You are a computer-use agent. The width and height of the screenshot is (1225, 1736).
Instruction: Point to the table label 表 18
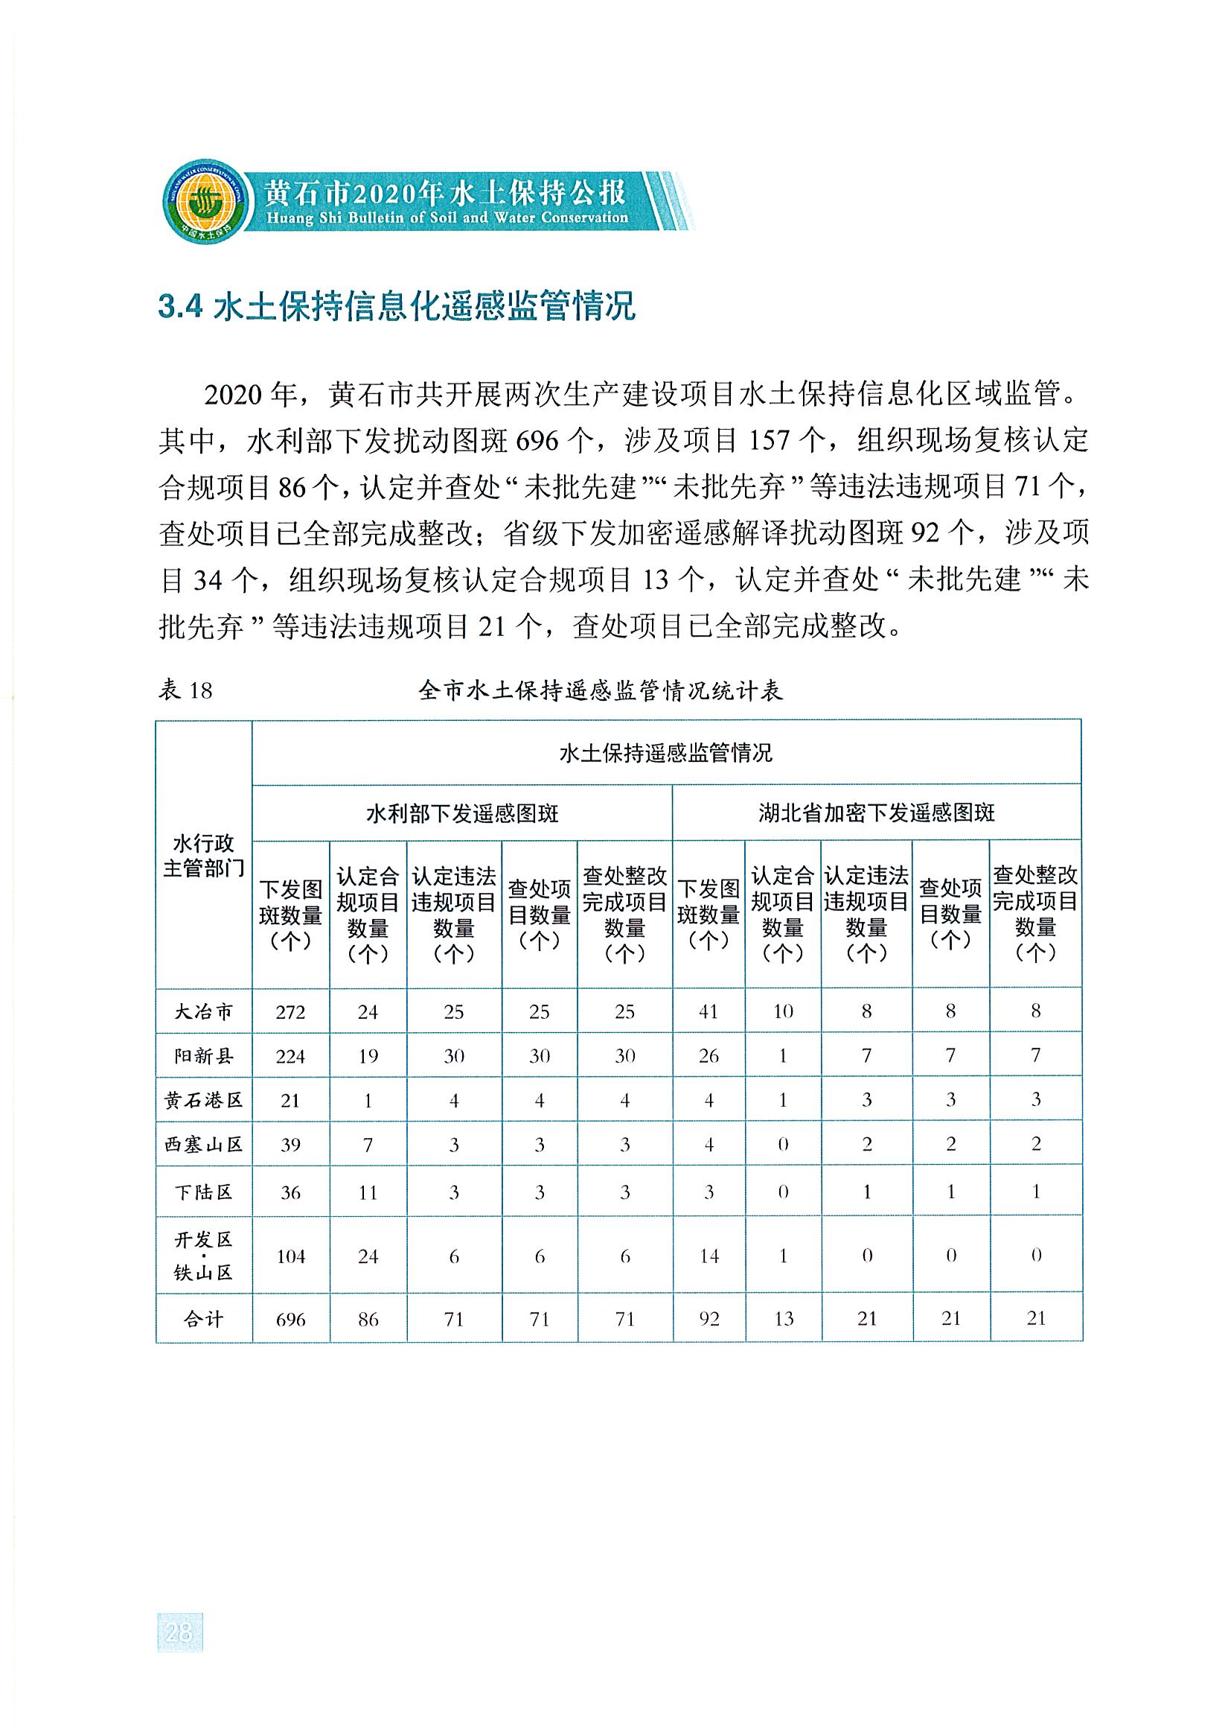185,690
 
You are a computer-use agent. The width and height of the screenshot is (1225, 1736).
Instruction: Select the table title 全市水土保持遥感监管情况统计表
600,690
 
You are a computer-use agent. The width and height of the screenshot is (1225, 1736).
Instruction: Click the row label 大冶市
204,1011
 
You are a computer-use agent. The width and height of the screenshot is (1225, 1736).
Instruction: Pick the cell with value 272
290,1011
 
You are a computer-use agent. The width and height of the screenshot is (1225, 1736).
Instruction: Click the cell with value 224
290,1056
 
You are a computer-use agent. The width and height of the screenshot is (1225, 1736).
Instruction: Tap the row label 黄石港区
204,1100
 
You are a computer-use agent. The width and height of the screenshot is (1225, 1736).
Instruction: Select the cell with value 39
290,1145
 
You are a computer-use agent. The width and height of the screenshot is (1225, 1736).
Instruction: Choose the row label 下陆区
204,1192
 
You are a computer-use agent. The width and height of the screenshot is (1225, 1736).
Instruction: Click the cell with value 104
290,1256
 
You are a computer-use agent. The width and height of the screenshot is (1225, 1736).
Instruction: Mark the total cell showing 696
290,1320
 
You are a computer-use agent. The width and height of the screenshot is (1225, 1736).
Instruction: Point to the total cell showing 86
368,1320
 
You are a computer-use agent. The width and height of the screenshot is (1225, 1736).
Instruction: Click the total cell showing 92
708,1320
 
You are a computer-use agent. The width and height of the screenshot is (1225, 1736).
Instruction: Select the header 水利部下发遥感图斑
461,813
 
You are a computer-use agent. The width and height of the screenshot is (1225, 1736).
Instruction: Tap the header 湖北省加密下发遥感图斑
876,813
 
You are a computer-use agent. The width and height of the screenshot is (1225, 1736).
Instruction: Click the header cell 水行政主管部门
204,856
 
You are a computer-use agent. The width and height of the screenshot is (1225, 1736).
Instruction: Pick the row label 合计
204,1320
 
